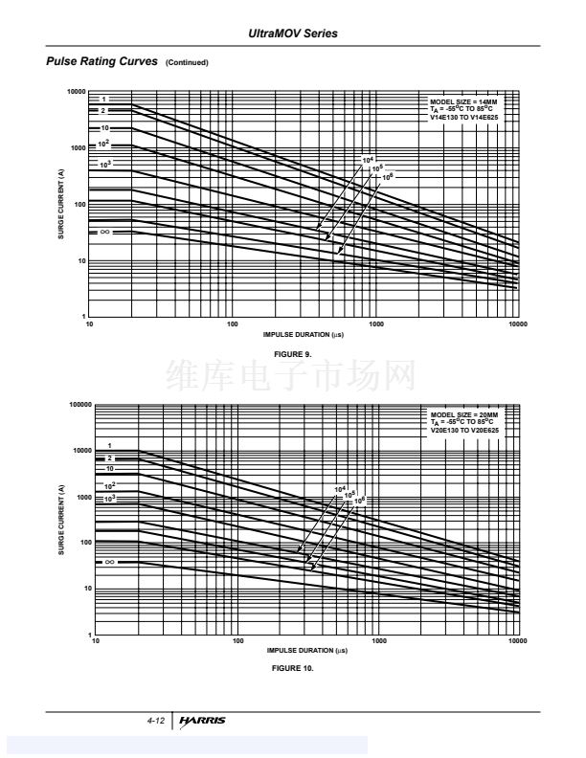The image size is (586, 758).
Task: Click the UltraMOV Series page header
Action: click(293, 34)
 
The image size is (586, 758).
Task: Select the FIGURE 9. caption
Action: click(293, 353)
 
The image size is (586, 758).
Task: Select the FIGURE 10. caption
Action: click(293, 667)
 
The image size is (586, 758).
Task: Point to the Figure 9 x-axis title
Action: click(304, 335)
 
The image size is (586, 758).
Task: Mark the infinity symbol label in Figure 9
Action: click(105, 232)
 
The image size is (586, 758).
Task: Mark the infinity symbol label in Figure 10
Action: click(110, 562)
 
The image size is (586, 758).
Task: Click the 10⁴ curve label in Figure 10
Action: click(339, 489)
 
